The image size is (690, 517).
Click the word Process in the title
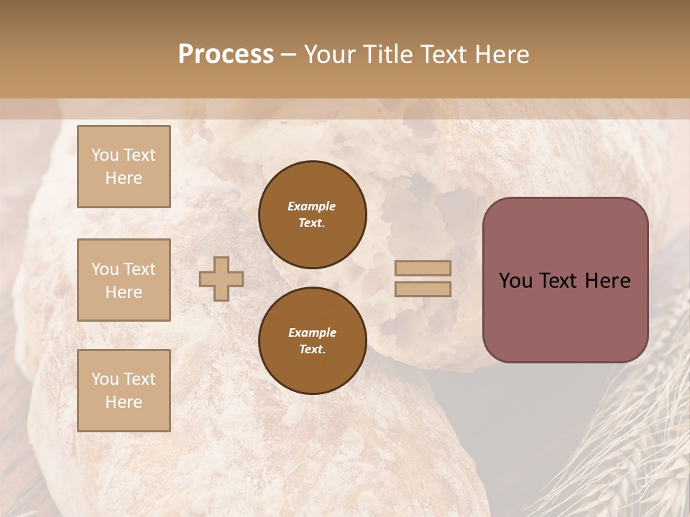(x=226, y=55)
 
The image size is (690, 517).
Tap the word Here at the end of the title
(x=500, y=55)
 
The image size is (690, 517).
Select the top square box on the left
(x=124, y=167)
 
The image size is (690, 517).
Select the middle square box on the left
(x=124, y=280)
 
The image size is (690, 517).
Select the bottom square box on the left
(x=124, y=391)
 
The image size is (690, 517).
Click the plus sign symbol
(x=221, y=279)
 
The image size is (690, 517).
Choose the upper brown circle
(x=313, y=215)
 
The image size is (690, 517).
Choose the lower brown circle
(x=313, y=341)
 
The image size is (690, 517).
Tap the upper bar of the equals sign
(x=423, y=269)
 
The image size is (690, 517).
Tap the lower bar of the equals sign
(x=423, y=289)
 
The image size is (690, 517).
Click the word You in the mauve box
(x=515, y=281)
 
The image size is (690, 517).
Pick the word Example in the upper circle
(x=312, y=206)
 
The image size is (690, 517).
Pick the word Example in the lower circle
(x=312, y=332)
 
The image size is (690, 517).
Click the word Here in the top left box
(x=124, y=178)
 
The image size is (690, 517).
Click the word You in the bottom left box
(x=106, y=379)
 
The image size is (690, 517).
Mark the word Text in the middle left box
(x=139, y=269)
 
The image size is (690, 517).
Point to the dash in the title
(x=289, y=55)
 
